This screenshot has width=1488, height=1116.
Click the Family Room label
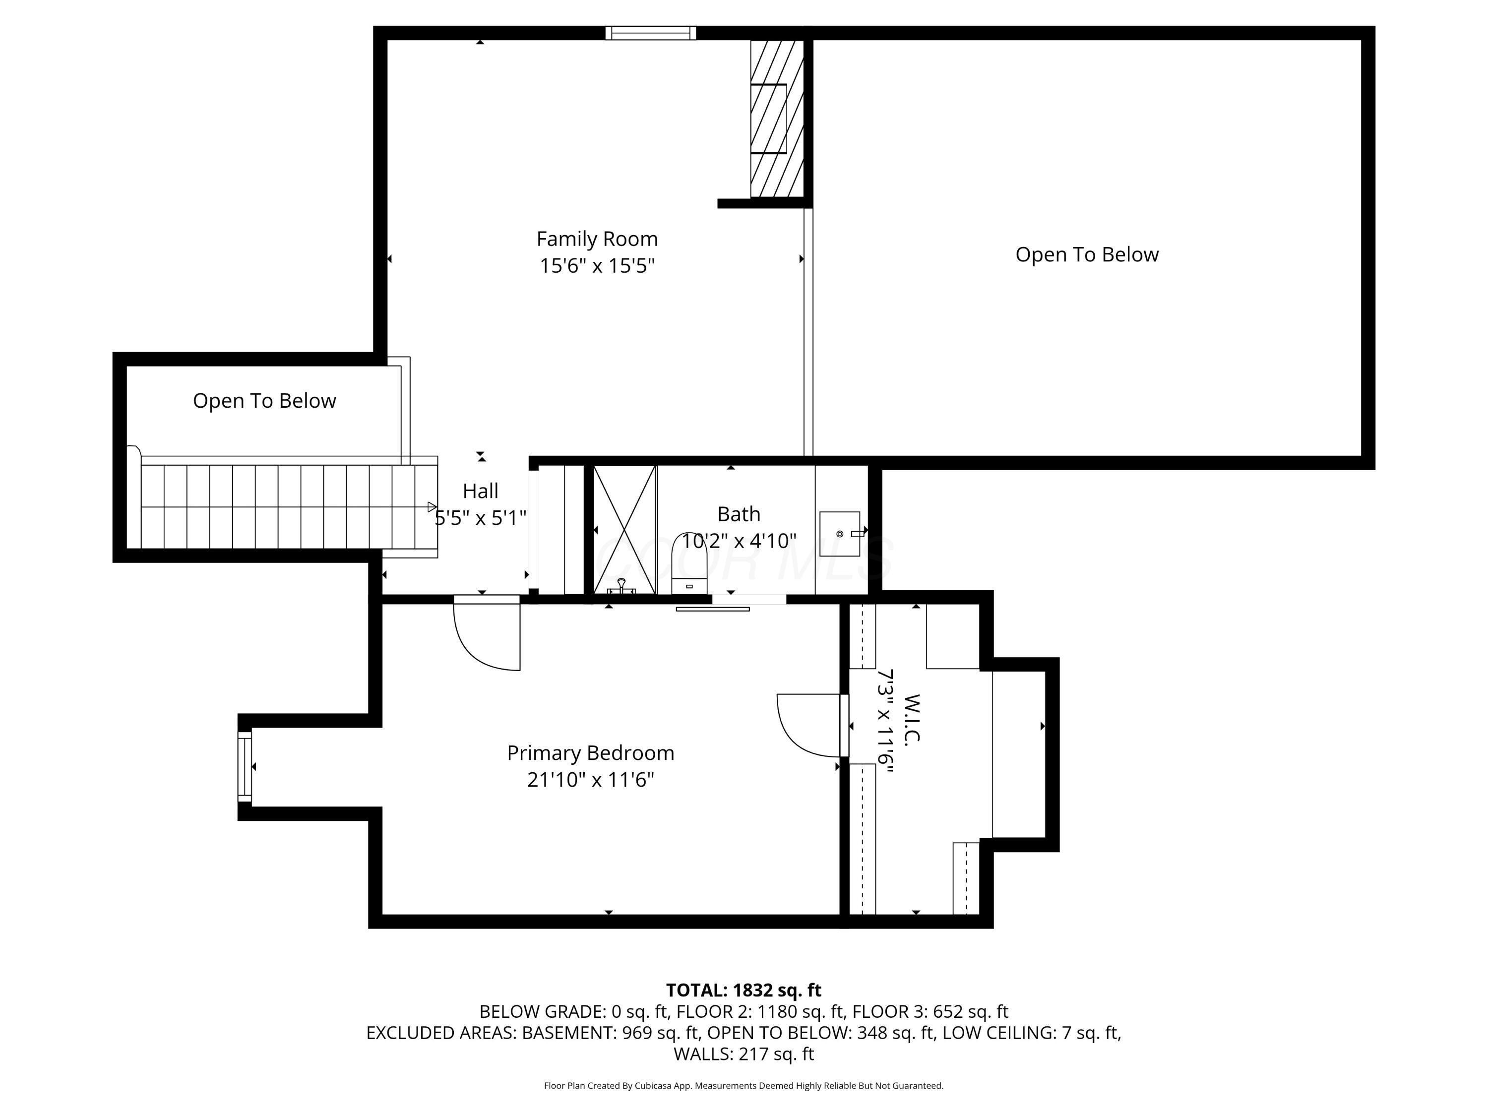pyautogui.click(x=597, y=239)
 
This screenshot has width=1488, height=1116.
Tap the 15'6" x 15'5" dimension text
pyautogui.click(x=597, y=266)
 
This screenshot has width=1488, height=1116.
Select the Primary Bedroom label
pyautogui.click(x=590, y=753)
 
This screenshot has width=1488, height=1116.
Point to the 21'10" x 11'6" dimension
pyautogui.click(x=590, y=780)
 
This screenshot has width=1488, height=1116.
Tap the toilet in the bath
pyautogui.click(x=689, y=565)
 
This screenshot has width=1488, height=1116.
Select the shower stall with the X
pyautogui.click(x=625, y=529)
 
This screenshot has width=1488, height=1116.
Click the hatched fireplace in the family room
pyautogui.click(x=777, y=119)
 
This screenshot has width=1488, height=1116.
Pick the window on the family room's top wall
pyautogui.click(x=650, y=33)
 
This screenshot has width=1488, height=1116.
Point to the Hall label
pyautogui.click(x=480, y=491)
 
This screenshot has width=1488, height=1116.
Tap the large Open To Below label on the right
pyautogui.click(x=1086, y=254)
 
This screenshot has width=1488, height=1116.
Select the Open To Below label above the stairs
pyautogui.click(x=264, y=401)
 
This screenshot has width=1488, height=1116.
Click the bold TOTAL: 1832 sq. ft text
pyautogui.click(x=744, y=990)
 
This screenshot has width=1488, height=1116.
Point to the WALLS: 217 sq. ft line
pyautogui.click(x=744, y=1054)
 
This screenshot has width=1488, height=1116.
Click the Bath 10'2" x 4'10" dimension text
pyautogui.click(x=739, y=541)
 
